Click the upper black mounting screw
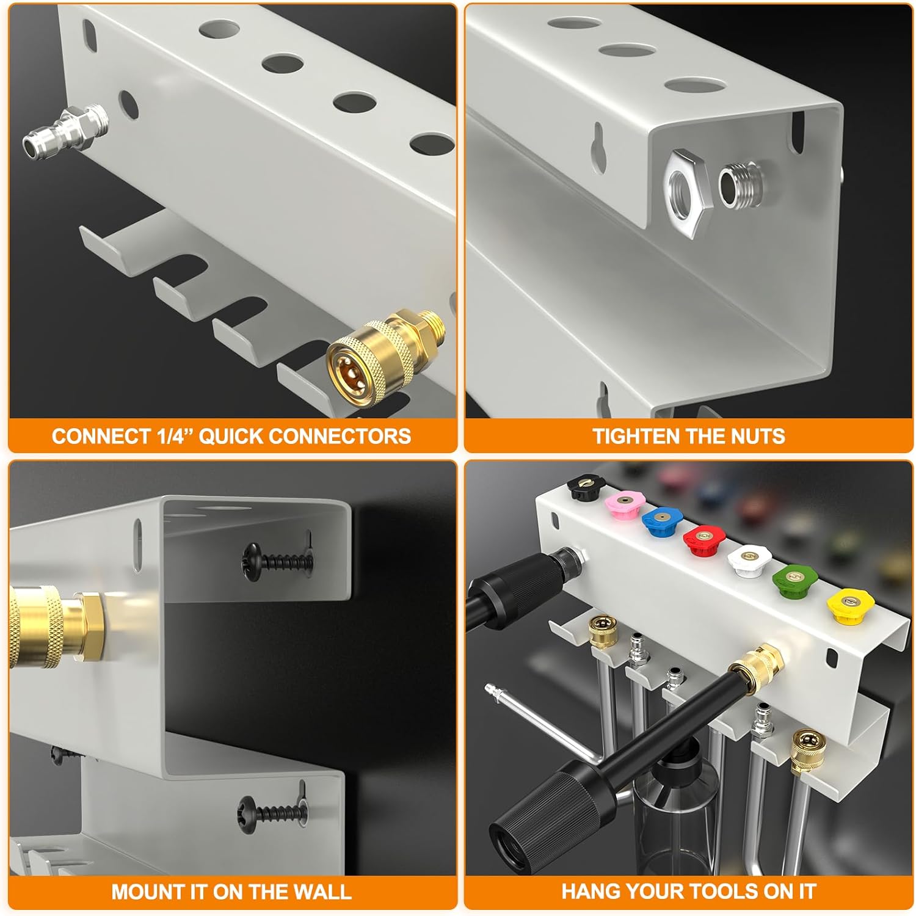278,559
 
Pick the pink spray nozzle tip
623,504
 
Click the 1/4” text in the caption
173,436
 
